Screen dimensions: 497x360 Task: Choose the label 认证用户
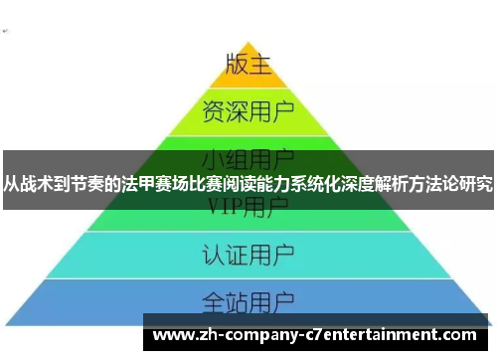(248, 251)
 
